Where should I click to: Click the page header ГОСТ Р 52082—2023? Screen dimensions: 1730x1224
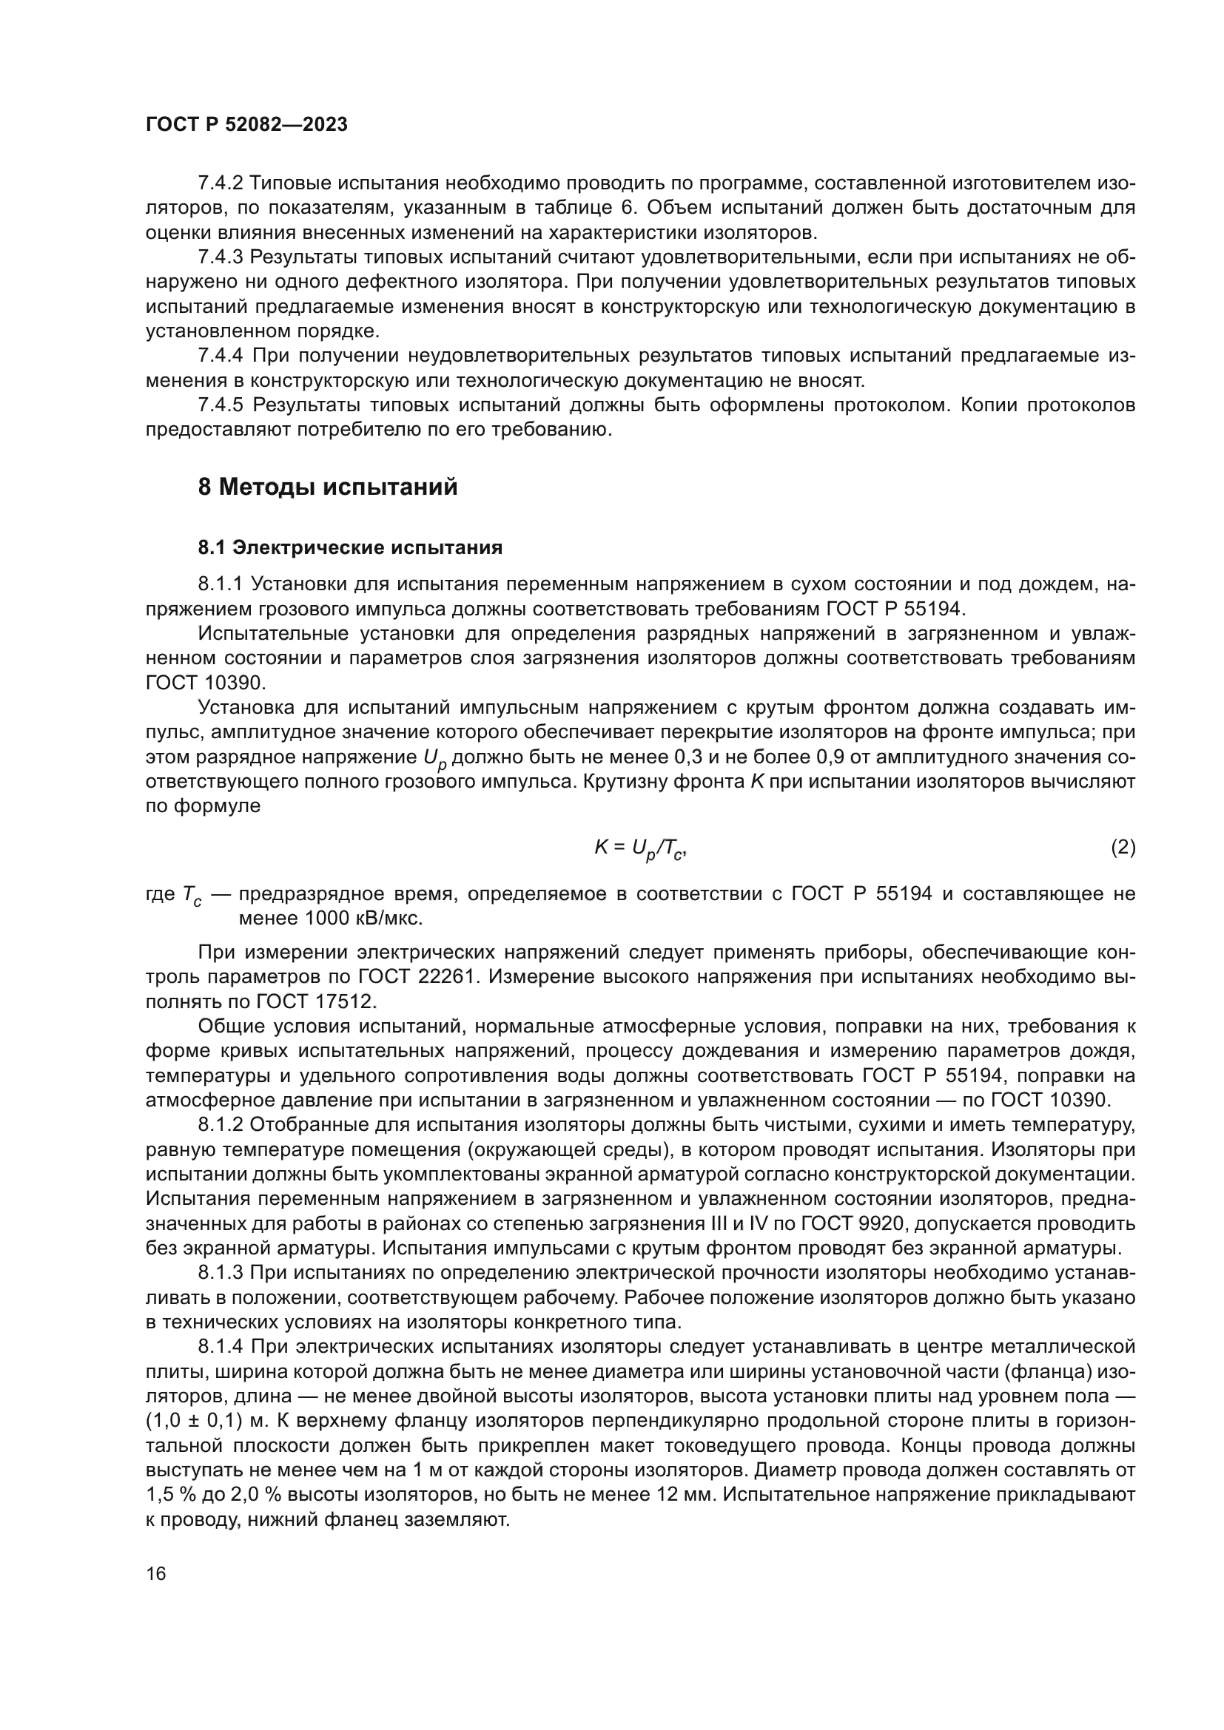pos(246,125)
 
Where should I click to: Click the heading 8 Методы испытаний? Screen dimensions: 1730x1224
pos(327,487)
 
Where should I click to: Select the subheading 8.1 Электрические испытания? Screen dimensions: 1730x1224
pos(350,548)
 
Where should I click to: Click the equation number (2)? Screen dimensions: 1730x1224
pos(1123,848)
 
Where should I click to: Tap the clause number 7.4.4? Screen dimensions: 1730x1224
pos(221,356)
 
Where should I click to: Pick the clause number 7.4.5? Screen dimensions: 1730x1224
pos(221,405)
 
